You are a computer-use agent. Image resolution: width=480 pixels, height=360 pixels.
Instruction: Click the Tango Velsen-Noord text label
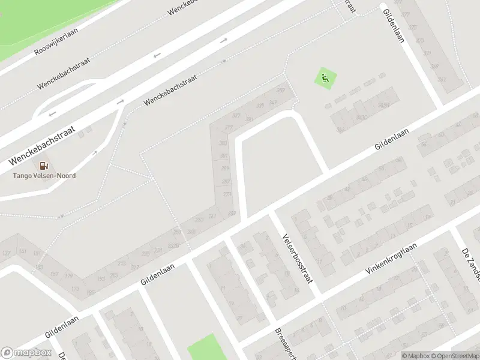pos(44,176)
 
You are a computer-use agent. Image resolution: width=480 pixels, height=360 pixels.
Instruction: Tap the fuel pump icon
pos(44,166)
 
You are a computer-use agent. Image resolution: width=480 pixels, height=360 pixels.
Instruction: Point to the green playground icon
pos(325,78)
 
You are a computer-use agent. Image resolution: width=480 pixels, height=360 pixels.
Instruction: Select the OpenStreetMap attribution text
pos(451,356)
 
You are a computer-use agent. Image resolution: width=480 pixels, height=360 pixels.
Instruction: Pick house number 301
pos(224,156)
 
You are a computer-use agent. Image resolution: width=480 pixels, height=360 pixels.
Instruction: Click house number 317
pos(228,128)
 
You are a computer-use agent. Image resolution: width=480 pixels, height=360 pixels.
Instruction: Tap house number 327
pos(236,115)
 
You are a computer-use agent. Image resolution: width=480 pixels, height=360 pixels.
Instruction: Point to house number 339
pos(260,106)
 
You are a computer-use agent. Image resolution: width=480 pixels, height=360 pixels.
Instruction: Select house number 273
pos(227,194)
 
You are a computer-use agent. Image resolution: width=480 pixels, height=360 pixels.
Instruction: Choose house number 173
pos(75,289)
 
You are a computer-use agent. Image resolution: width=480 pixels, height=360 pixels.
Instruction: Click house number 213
pos(121,263)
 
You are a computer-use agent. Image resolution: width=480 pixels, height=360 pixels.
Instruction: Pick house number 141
pos(23,251)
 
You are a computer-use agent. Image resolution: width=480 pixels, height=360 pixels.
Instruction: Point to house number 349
pos(272,103)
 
